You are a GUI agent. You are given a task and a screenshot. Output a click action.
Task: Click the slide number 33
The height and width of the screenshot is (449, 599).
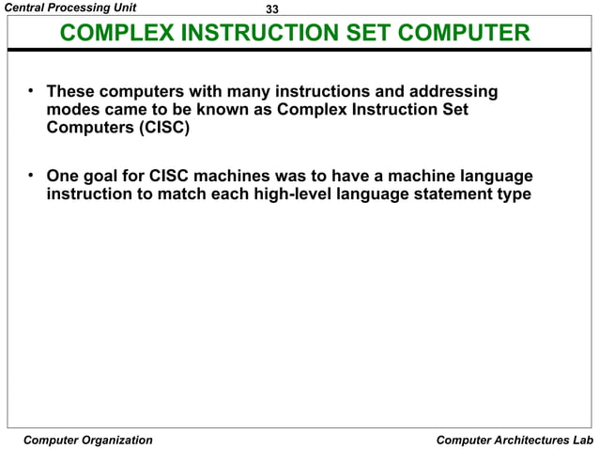(273, 9)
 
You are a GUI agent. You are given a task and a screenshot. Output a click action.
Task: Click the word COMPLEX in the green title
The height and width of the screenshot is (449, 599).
(116, 36)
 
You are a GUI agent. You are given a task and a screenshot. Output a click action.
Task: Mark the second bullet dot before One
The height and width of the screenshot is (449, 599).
(31, 176)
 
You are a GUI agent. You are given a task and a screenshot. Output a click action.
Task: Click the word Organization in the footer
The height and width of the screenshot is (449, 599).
(113, 440)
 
